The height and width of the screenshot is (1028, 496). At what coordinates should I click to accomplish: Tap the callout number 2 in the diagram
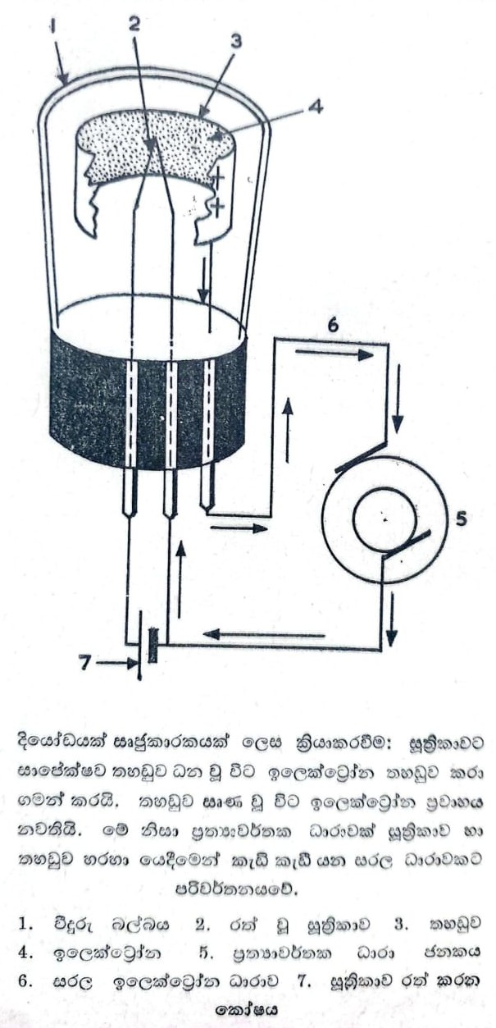pyautogui.click(x=133, y=22)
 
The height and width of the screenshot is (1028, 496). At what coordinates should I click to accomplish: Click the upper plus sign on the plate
pyautogui.click(x=219, y=176)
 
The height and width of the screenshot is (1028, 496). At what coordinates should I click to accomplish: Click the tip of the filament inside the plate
pyautogui.click(x=151, y=144)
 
